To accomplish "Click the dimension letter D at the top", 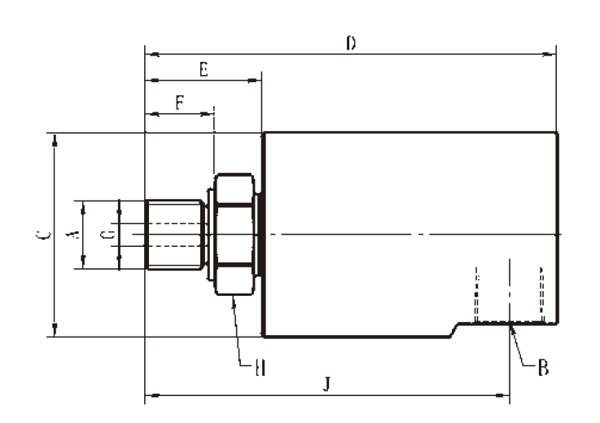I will [350, 42].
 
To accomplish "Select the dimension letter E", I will [204, 70].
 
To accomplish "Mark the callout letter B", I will [541, 368].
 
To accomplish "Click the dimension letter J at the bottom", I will [325, 384].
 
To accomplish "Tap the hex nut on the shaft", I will [234, 234].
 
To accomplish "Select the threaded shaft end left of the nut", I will [173, 234].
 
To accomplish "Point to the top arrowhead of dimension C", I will [55, 140].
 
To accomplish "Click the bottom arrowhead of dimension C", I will [55, 329].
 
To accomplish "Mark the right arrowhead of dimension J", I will [504, 397].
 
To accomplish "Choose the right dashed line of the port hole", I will [541, 293].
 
